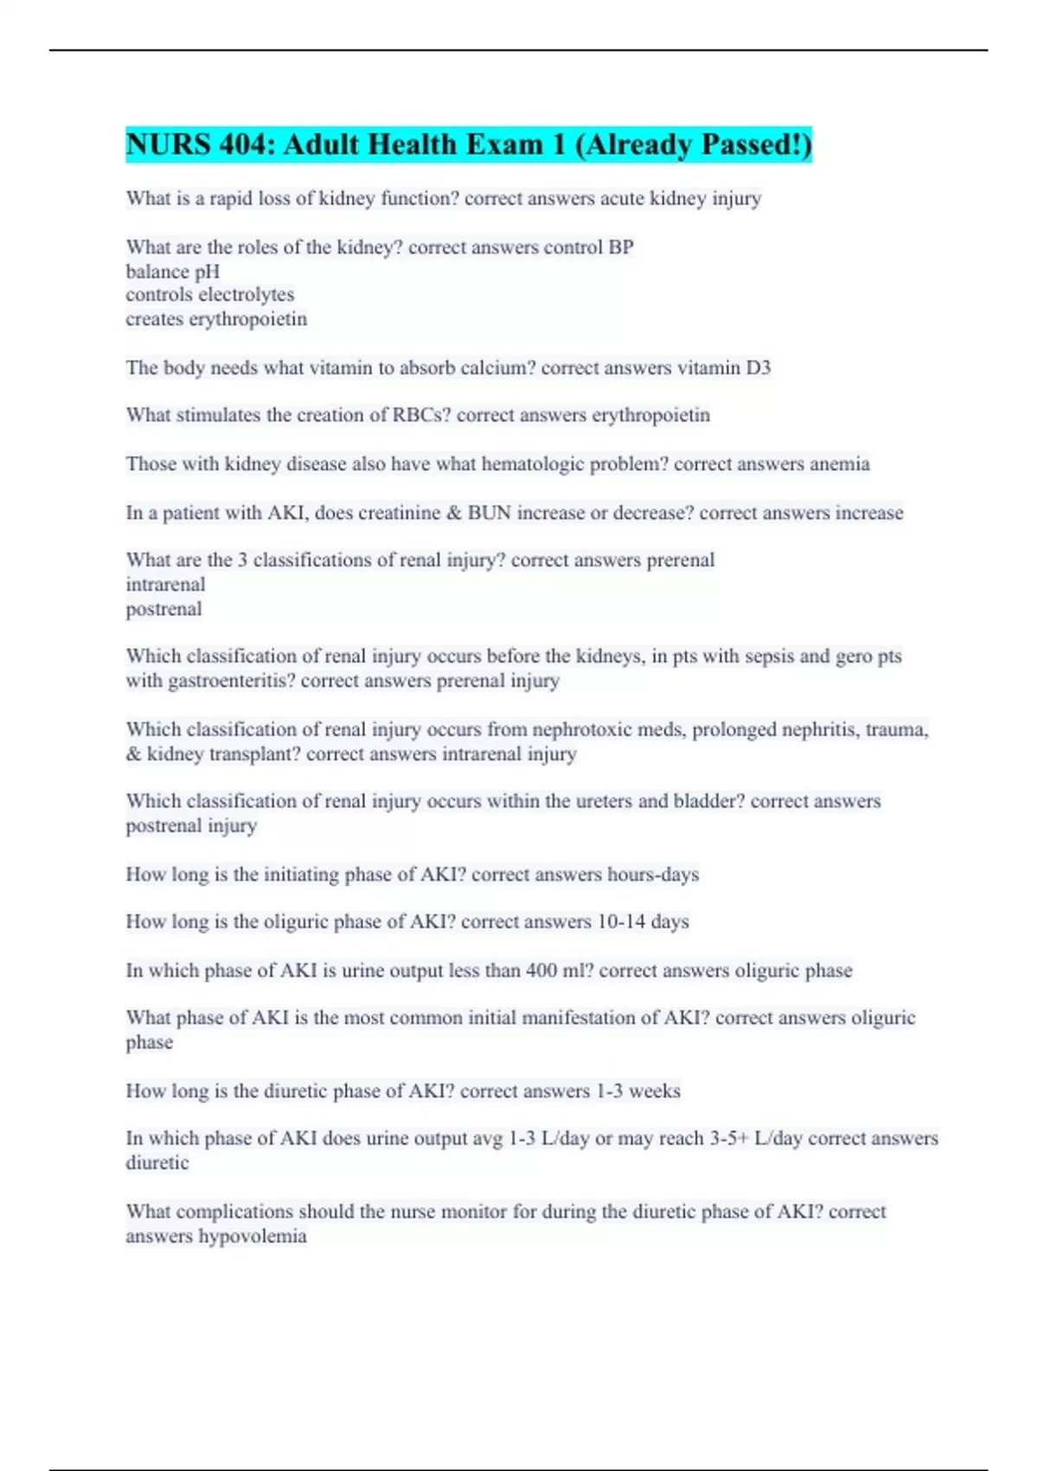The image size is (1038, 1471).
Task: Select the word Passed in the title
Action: (748, 145)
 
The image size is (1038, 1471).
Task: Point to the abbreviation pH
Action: (208, 272)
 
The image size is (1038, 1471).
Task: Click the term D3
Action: (758, 368)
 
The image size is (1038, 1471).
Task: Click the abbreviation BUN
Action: (490, 513)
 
